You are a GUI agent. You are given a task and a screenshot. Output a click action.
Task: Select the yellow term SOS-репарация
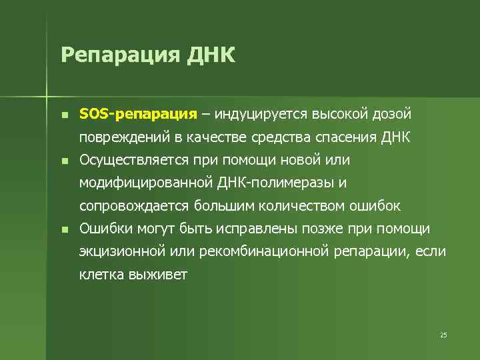pos(138,115)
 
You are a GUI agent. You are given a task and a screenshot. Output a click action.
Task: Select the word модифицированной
pos(146,183)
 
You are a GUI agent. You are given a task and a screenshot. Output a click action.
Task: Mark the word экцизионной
pos(123,251)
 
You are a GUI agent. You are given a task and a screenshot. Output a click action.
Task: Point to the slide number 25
pos(443,335)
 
